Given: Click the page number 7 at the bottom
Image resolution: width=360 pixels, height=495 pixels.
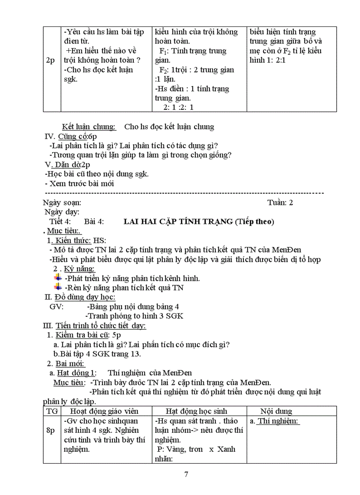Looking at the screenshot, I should coord(186,475).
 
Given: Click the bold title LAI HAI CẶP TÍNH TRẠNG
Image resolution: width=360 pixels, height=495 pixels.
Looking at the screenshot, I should coord(178,222).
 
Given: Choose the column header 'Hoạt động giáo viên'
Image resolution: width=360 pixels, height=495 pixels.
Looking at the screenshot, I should coord(105,411).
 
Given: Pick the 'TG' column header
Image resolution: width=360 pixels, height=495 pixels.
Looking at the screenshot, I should coord(51,411).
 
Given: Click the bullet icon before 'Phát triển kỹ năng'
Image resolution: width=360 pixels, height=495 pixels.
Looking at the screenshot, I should coord(58,278).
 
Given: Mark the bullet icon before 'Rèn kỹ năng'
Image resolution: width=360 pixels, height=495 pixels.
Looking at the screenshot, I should coord(58,287).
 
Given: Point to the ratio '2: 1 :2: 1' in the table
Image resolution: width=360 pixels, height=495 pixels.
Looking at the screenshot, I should coord(179,107).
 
